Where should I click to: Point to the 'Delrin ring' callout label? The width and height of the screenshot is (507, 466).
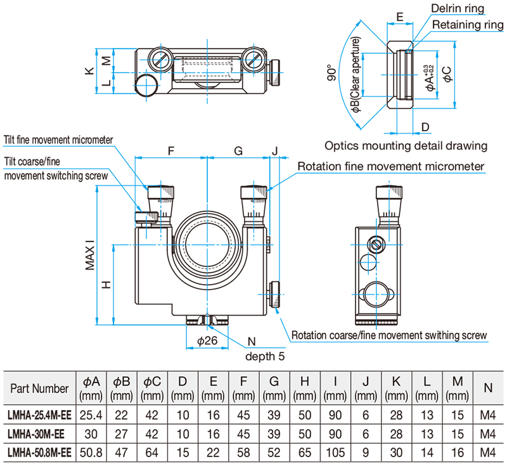coord(458,8)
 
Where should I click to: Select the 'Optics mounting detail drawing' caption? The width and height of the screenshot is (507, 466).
coord(406,145)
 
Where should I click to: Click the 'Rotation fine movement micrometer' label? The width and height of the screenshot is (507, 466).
coord(391,167)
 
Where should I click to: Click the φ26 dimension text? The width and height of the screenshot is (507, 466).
coord(207,341)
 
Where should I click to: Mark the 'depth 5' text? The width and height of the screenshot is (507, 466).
coord(265,356)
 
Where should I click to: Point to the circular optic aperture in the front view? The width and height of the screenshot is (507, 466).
coord(207,244)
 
